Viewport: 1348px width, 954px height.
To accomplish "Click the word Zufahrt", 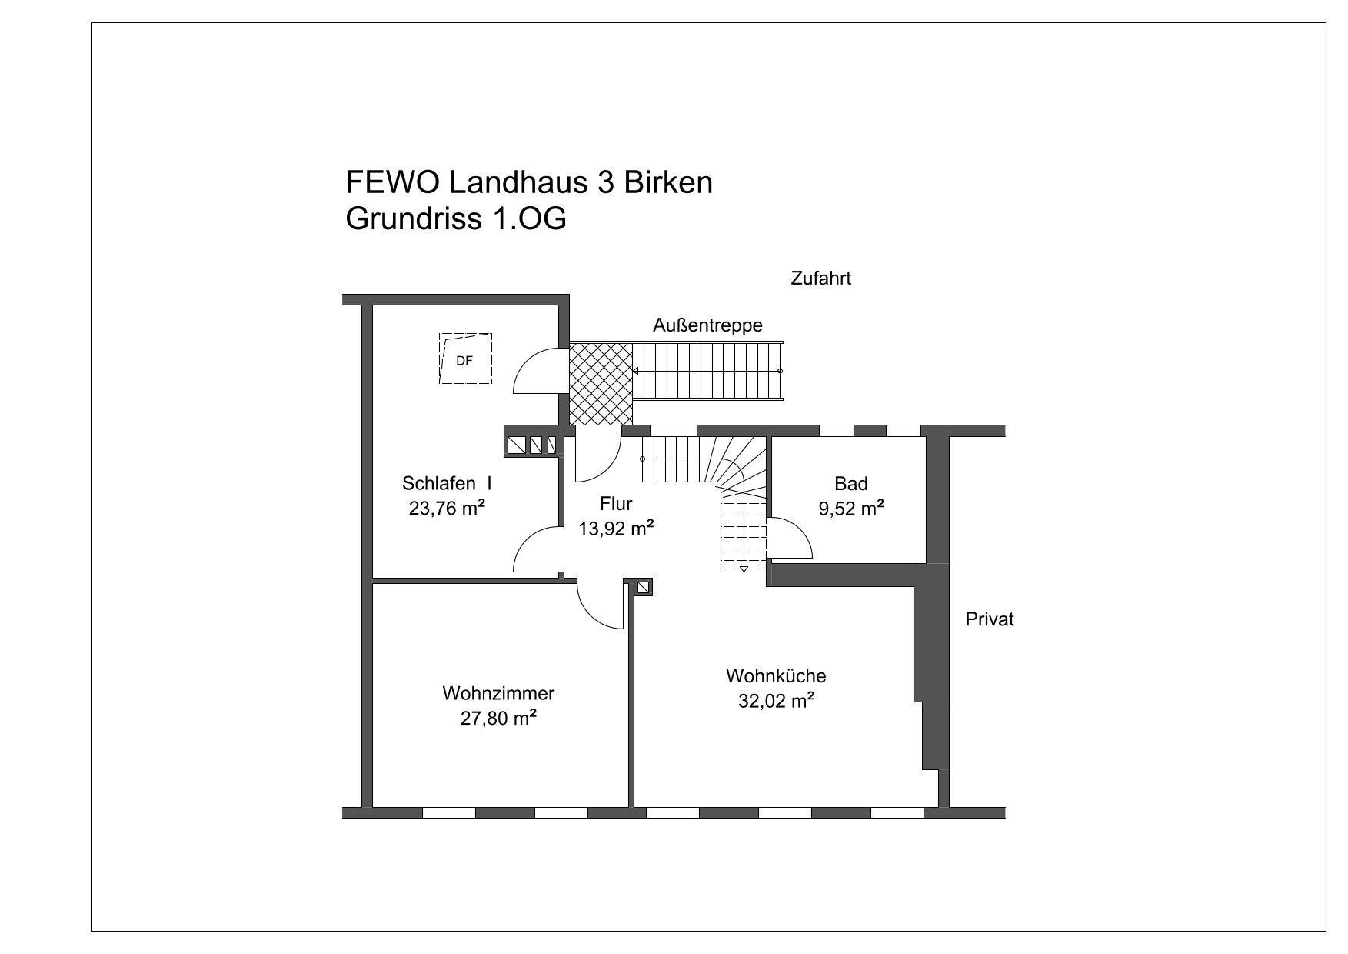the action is pos(820,279).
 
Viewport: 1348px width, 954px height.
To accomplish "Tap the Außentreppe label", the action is pos(707,325).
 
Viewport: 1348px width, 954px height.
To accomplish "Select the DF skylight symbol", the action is pos(465,359).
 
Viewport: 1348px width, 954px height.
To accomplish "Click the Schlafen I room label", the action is pos(447,484).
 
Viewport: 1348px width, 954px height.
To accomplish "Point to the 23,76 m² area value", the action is pos(446,508).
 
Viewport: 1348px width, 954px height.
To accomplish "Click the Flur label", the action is pos(616,504).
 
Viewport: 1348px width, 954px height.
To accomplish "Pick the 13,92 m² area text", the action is pos(616,528).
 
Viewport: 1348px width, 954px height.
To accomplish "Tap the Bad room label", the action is pos(850,484).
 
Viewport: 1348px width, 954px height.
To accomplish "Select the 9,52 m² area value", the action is pos(850,508).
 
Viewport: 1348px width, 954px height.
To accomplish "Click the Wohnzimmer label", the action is pos(498,693).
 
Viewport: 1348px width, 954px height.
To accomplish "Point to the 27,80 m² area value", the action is pos(498,718).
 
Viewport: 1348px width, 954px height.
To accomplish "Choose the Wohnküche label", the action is pos(776,676).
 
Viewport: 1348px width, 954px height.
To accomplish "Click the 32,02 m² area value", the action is pos(776,701).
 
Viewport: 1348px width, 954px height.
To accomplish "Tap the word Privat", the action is pos(990,619).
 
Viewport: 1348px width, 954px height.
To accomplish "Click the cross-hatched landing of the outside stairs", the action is pos(601,383).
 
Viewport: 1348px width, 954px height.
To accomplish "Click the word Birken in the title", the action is pos(667,183).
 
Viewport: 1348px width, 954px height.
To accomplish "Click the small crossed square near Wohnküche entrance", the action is pos(644,587).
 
